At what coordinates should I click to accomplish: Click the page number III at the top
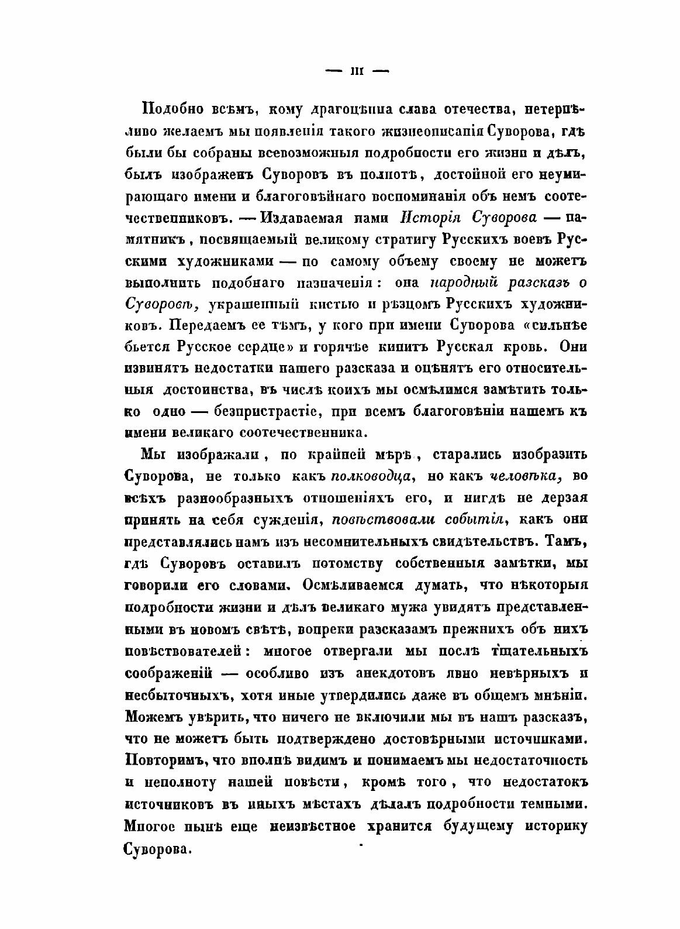(x=356, y=71)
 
